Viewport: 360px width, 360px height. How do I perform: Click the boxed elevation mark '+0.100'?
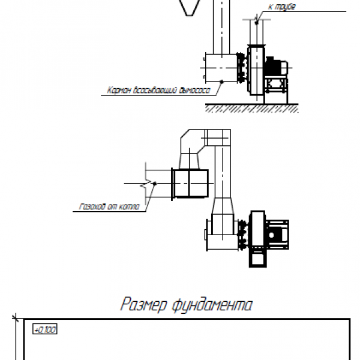pos(44,329)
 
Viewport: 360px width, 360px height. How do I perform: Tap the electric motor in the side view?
pos(277,67)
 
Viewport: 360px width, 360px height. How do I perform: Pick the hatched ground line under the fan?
pos(252,108)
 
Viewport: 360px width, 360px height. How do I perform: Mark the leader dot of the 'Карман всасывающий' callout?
pos(221,81)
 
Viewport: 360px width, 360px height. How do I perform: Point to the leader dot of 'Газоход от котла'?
pos(155,184)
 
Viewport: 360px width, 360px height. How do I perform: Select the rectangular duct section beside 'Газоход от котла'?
pos(190,182)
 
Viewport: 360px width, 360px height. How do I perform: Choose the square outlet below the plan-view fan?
pos(256,258)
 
